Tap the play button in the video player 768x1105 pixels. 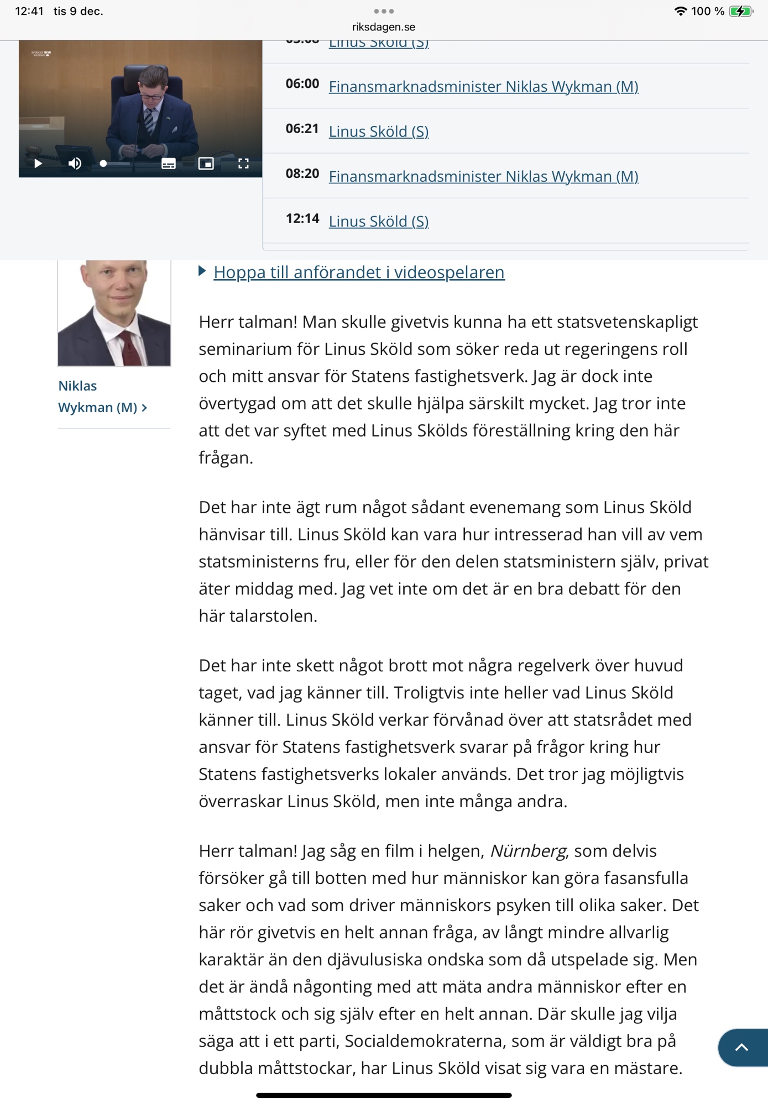(38, 164)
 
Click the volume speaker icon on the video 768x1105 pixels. (75, 164)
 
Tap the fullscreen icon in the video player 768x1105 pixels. (243, 164)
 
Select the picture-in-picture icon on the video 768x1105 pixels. (206, 164)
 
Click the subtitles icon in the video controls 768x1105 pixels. (169, 164)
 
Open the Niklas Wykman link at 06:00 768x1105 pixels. (483, 87)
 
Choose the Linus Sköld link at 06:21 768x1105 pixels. (379, 131)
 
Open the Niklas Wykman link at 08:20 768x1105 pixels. (483, 176)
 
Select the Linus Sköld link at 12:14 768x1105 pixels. (379, 221)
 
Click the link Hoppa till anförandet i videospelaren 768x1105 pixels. (359, 272)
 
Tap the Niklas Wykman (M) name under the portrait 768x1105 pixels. (97, 397)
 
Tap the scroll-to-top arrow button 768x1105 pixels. (741, 1047)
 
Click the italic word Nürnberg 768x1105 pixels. (528, 851)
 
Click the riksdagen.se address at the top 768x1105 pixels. (384, 27)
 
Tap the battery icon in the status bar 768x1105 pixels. (740, 11)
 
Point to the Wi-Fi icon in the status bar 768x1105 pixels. (680, 11)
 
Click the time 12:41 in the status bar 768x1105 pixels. (29, 11)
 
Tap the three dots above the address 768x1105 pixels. (384, 11)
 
